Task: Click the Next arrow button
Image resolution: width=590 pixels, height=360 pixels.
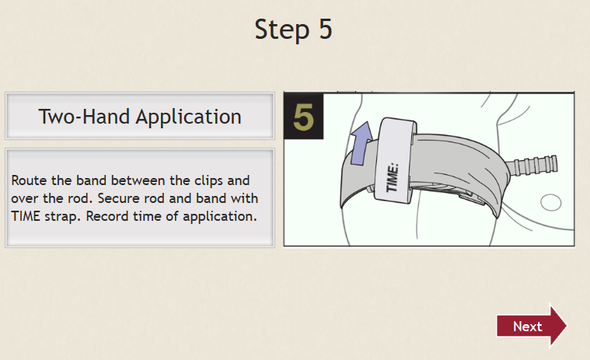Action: pyautogui.click(x=531, y=326)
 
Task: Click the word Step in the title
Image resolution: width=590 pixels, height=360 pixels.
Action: pyautogui.click(x=282, y=30)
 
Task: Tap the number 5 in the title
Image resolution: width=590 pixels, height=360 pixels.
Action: pyautogui.click(x=326, y=29)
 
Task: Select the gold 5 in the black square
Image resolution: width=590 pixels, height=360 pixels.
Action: pyautogui.click(x=303, y=117)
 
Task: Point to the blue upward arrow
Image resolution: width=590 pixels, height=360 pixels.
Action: pyautogui.click(x=361, y=143)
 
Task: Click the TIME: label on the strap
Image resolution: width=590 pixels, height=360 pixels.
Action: pyautogui.click(x=392, y=177)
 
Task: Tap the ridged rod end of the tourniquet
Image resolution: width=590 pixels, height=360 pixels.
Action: pyautogui.click(x=532, y=165)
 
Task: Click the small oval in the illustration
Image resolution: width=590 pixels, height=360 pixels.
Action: pyautogui.click(x=551, y=202)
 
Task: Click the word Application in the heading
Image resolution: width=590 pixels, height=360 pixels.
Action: pyautogui.click(x=189, y=117)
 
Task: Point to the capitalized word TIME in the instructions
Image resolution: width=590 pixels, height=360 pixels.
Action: pyautogui.click(x=25, y=216)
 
